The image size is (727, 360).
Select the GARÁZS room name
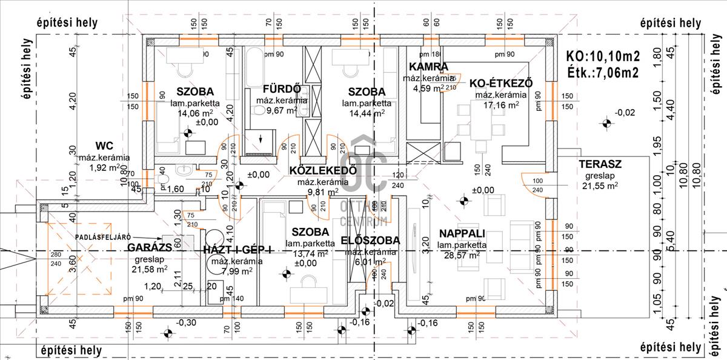(148, 247)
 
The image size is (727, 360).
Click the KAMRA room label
(428, 67)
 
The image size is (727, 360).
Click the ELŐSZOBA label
(370, 241)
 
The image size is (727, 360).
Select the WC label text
(105, 146)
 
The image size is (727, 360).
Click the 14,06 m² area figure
(194, 113)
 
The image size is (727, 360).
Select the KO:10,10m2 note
(603, 56)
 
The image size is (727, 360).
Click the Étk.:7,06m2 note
(602, 73)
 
